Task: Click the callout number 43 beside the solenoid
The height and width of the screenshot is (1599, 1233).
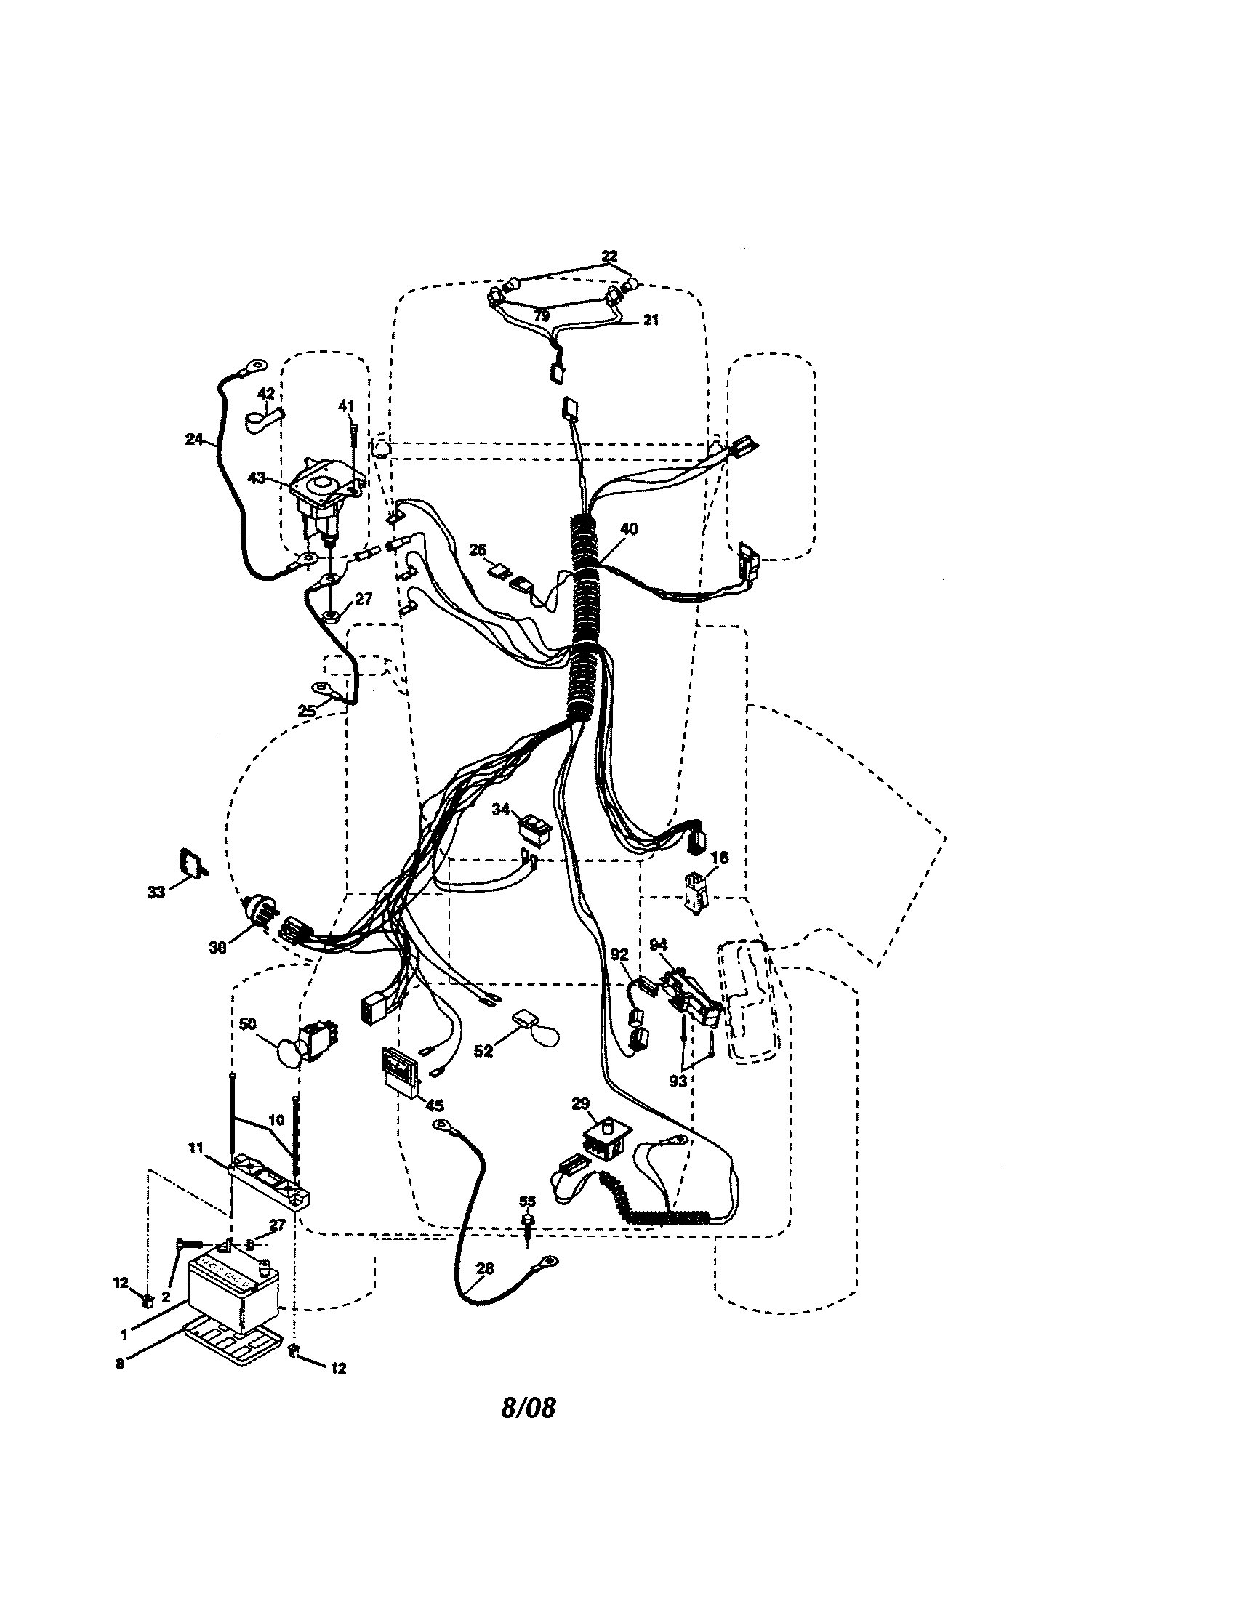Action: [256, 478]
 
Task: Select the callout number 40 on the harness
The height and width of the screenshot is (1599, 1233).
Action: [628, 529]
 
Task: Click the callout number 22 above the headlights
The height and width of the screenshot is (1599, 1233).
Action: [609, 257]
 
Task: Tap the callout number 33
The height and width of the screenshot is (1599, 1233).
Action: [156, 893]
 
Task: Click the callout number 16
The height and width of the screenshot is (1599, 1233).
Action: [720, 858]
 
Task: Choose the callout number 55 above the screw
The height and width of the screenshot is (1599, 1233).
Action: [527, 1201]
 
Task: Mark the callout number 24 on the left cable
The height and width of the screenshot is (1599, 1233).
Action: [193, 440]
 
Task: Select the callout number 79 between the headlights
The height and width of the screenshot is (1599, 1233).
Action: [541, 316]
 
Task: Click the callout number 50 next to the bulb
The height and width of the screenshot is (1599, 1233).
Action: [247, 1023]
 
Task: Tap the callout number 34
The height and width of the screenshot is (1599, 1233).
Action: [501, 809]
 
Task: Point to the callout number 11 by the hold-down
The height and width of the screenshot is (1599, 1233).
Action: [195, 1148]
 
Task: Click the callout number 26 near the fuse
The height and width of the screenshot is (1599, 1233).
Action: [478, 549]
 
